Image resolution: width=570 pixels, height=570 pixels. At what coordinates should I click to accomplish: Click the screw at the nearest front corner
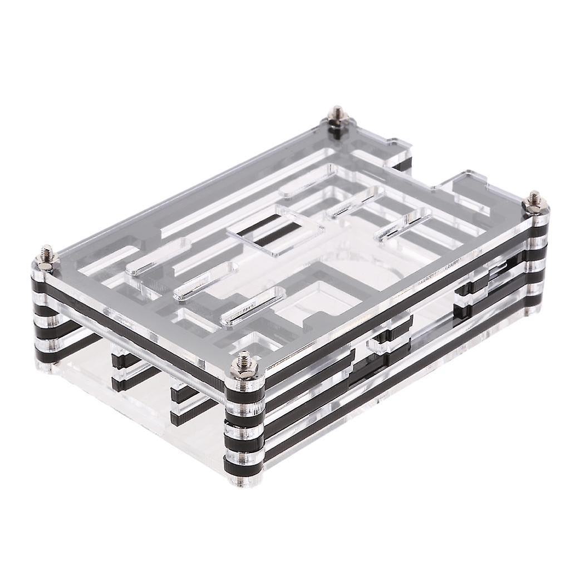(244, 365)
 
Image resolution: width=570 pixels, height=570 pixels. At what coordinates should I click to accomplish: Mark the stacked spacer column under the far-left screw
(47, 312)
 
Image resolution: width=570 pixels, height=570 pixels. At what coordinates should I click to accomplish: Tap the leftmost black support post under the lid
(120, 367)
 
